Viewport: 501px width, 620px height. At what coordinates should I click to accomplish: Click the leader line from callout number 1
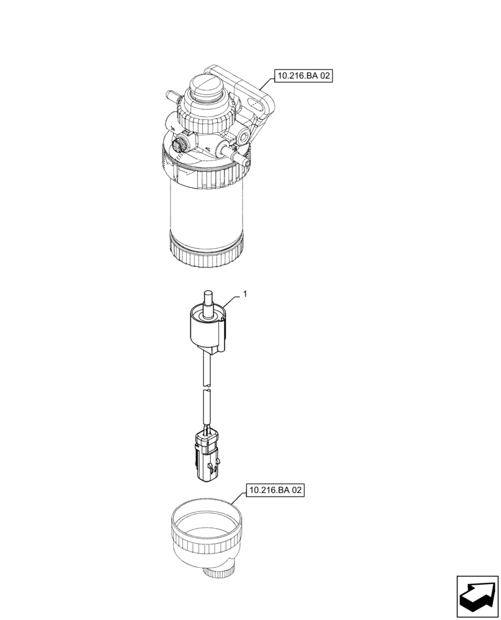[231, 304]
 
